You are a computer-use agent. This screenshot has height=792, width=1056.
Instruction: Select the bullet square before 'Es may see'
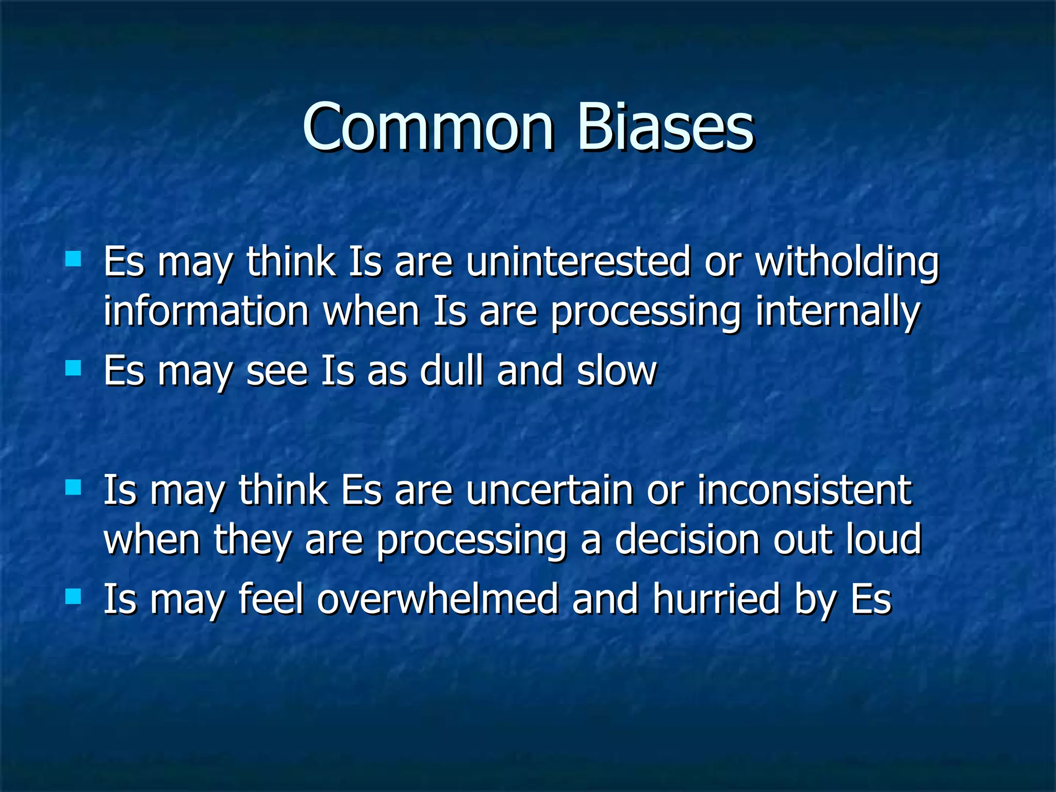click(x=74, y=368)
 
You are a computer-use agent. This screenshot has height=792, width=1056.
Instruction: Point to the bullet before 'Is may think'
click(x=74, y=487)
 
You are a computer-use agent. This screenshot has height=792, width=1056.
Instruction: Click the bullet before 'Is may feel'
click(x=74, y=597)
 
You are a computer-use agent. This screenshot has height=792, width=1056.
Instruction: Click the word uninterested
click(x=578, y=261)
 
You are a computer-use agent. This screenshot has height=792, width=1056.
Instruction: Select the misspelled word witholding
click(x=847, y=261)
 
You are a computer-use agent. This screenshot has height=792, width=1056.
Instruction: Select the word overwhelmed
click(x=438, y=599)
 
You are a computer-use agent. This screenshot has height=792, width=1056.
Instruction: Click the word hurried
click(x=716, y=599)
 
